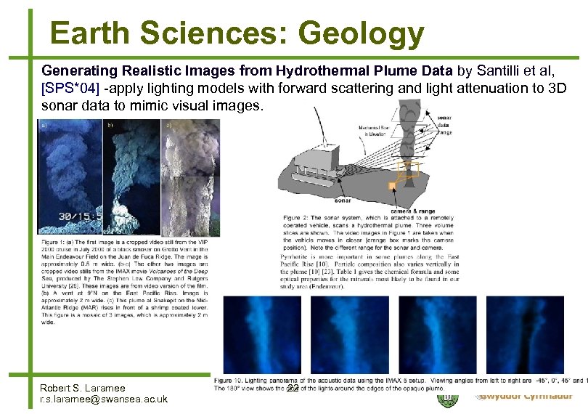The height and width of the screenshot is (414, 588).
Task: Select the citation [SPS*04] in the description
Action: tap(71, 89)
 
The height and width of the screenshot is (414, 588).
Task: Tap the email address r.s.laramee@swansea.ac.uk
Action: tap(103, 399)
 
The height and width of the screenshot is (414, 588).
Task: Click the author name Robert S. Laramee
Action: tap(82, 388)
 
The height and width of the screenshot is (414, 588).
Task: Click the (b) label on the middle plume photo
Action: tap(111, 126)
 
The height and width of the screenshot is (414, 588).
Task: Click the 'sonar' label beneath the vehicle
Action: tap(343, 200)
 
